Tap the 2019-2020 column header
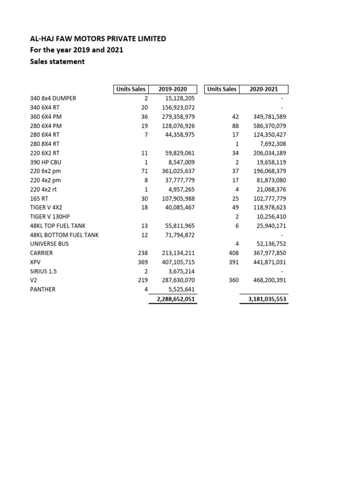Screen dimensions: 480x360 (172, 89)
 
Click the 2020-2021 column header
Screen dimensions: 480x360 (264, 89)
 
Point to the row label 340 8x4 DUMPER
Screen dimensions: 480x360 (52, 99)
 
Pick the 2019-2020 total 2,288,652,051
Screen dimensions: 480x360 (173, 299)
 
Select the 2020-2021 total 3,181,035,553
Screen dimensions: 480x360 (264, 299)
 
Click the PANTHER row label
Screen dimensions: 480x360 (42, 289)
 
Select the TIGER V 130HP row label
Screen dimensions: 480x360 (50, 217)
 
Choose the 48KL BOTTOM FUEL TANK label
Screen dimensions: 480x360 (64, 235)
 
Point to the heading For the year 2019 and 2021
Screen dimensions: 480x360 (76, 50)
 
